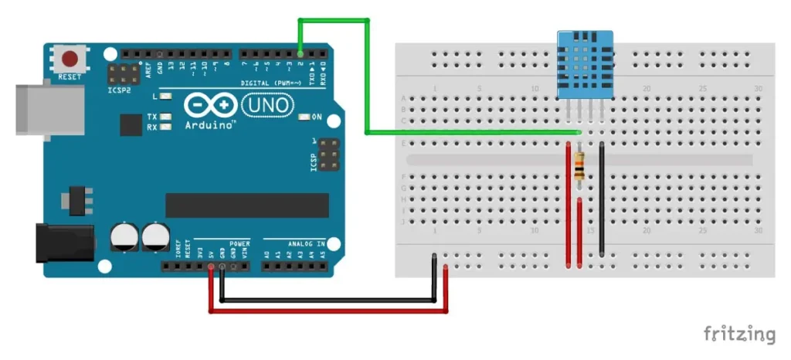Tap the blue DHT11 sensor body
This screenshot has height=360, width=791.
click(x=586, y=65)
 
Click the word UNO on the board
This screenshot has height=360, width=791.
click(x=267, y=104)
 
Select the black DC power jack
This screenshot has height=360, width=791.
click(x=65, y=241)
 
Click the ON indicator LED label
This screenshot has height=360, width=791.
click(x=316, y=117)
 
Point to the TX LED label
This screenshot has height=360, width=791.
click(x=152, y=117)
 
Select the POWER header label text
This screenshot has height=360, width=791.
click(x=239, y=243)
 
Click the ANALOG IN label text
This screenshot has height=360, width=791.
click(x=305, y=243)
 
